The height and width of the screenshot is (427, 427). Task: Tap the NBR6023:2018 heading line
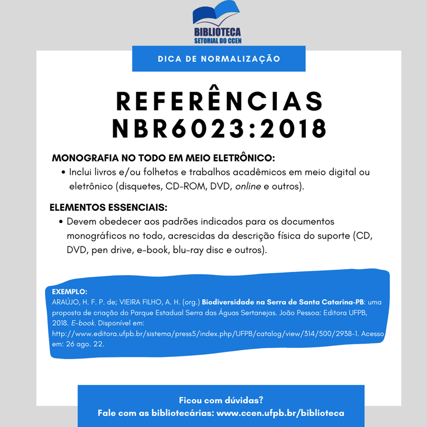point(219,129)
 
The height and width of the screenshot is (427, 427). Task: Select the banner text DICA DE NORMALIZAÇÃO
point(219,58)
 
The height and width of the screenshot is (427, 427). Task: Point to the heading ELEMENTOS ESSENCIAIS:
point(108,208)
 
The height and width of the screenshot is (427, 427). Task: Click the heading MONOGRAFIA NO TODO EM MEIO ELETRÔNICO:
point(163,158)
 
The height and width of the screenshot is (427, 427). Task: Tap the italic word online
point(248,186)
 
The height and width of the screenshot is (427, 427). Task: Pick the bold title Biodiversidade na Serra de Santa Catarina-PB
point(282,302)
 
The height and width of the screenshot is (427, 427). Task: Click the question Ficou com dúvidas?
point(221,400)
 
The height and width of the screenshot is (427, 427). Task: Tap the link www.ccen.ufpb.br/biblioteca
point(280,413)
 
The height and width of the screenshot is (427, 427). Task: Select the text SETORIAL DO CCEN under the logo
point(217,41)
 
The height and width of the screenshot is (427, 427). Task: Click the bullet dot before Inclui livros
point(64,173)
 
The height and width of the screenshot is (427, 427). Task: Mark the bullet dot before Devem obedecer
point(61,222)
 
